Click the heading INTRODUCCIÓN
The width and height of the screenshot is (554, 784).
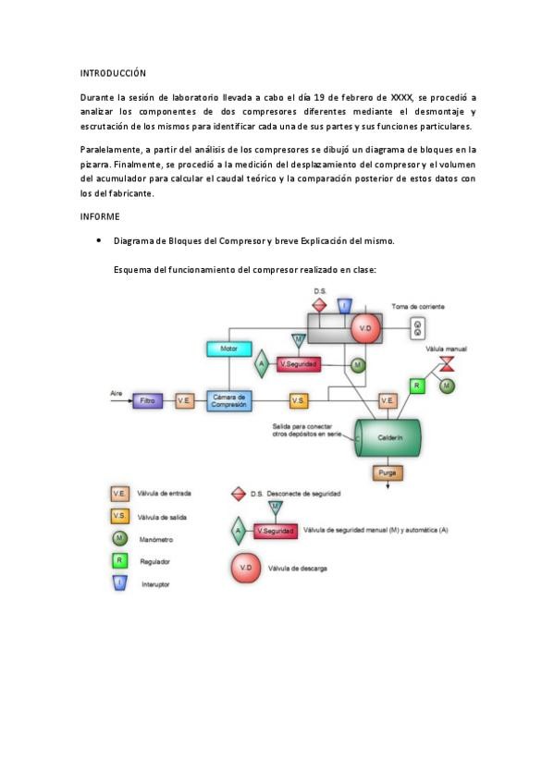click(113, 72)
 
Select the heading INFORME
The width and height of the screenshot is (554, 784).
click(100, 216)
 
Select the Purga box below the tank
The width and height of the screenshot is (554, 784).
click(388, 472)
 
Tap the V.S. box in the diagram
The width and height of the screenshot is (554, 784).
click(298, 400)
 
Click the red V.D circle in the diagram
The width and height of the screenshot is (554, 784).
click(364, 327)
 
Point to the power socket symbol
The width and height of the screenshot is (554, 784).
click(418, 326)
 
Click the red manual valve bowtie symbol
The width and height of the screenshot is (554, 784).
click(447, 361)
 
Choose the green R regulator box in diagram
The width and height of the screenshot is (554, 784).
click(417, 385)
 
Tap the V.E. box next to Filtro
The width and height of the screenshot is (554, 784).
click(184, 401)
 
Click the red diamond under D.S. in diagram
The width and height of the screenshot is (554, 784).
click(320, 304)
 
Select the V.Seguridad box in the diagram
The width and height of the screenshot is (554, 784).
click(299, 364)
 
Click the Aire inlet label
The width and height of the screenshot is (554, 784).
click(117, 393)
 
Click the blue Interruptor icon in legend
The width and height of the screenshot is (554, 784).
click(119, 583)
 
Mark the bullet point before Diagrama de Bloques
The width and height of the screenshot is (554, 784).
click(99, 240)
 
